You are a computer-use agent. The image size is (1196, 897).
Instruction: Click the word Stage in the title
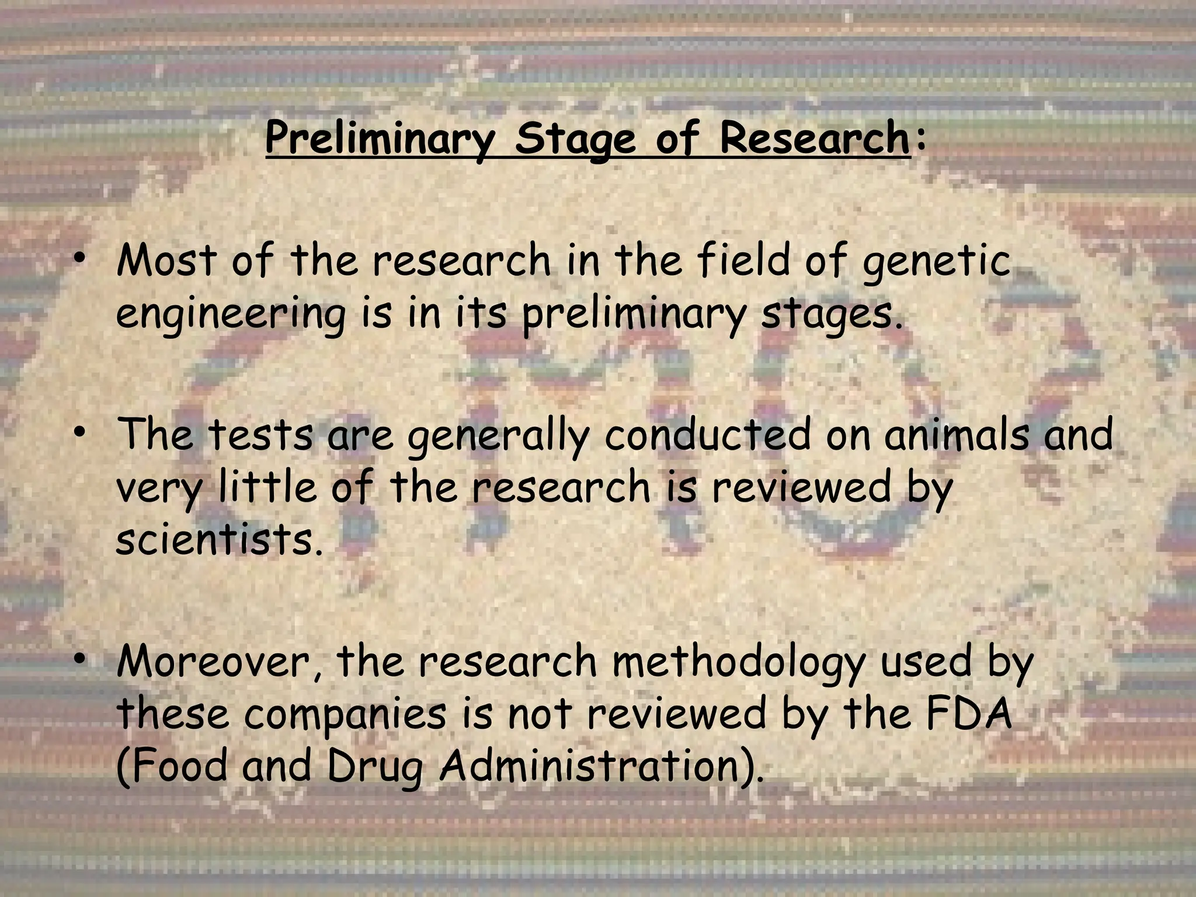click(575, 139)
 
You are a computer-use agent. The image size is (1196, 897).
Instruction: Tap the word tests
click(260, 435)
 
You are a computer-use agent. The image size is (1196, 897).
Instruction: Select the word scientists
click(219, 540)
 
